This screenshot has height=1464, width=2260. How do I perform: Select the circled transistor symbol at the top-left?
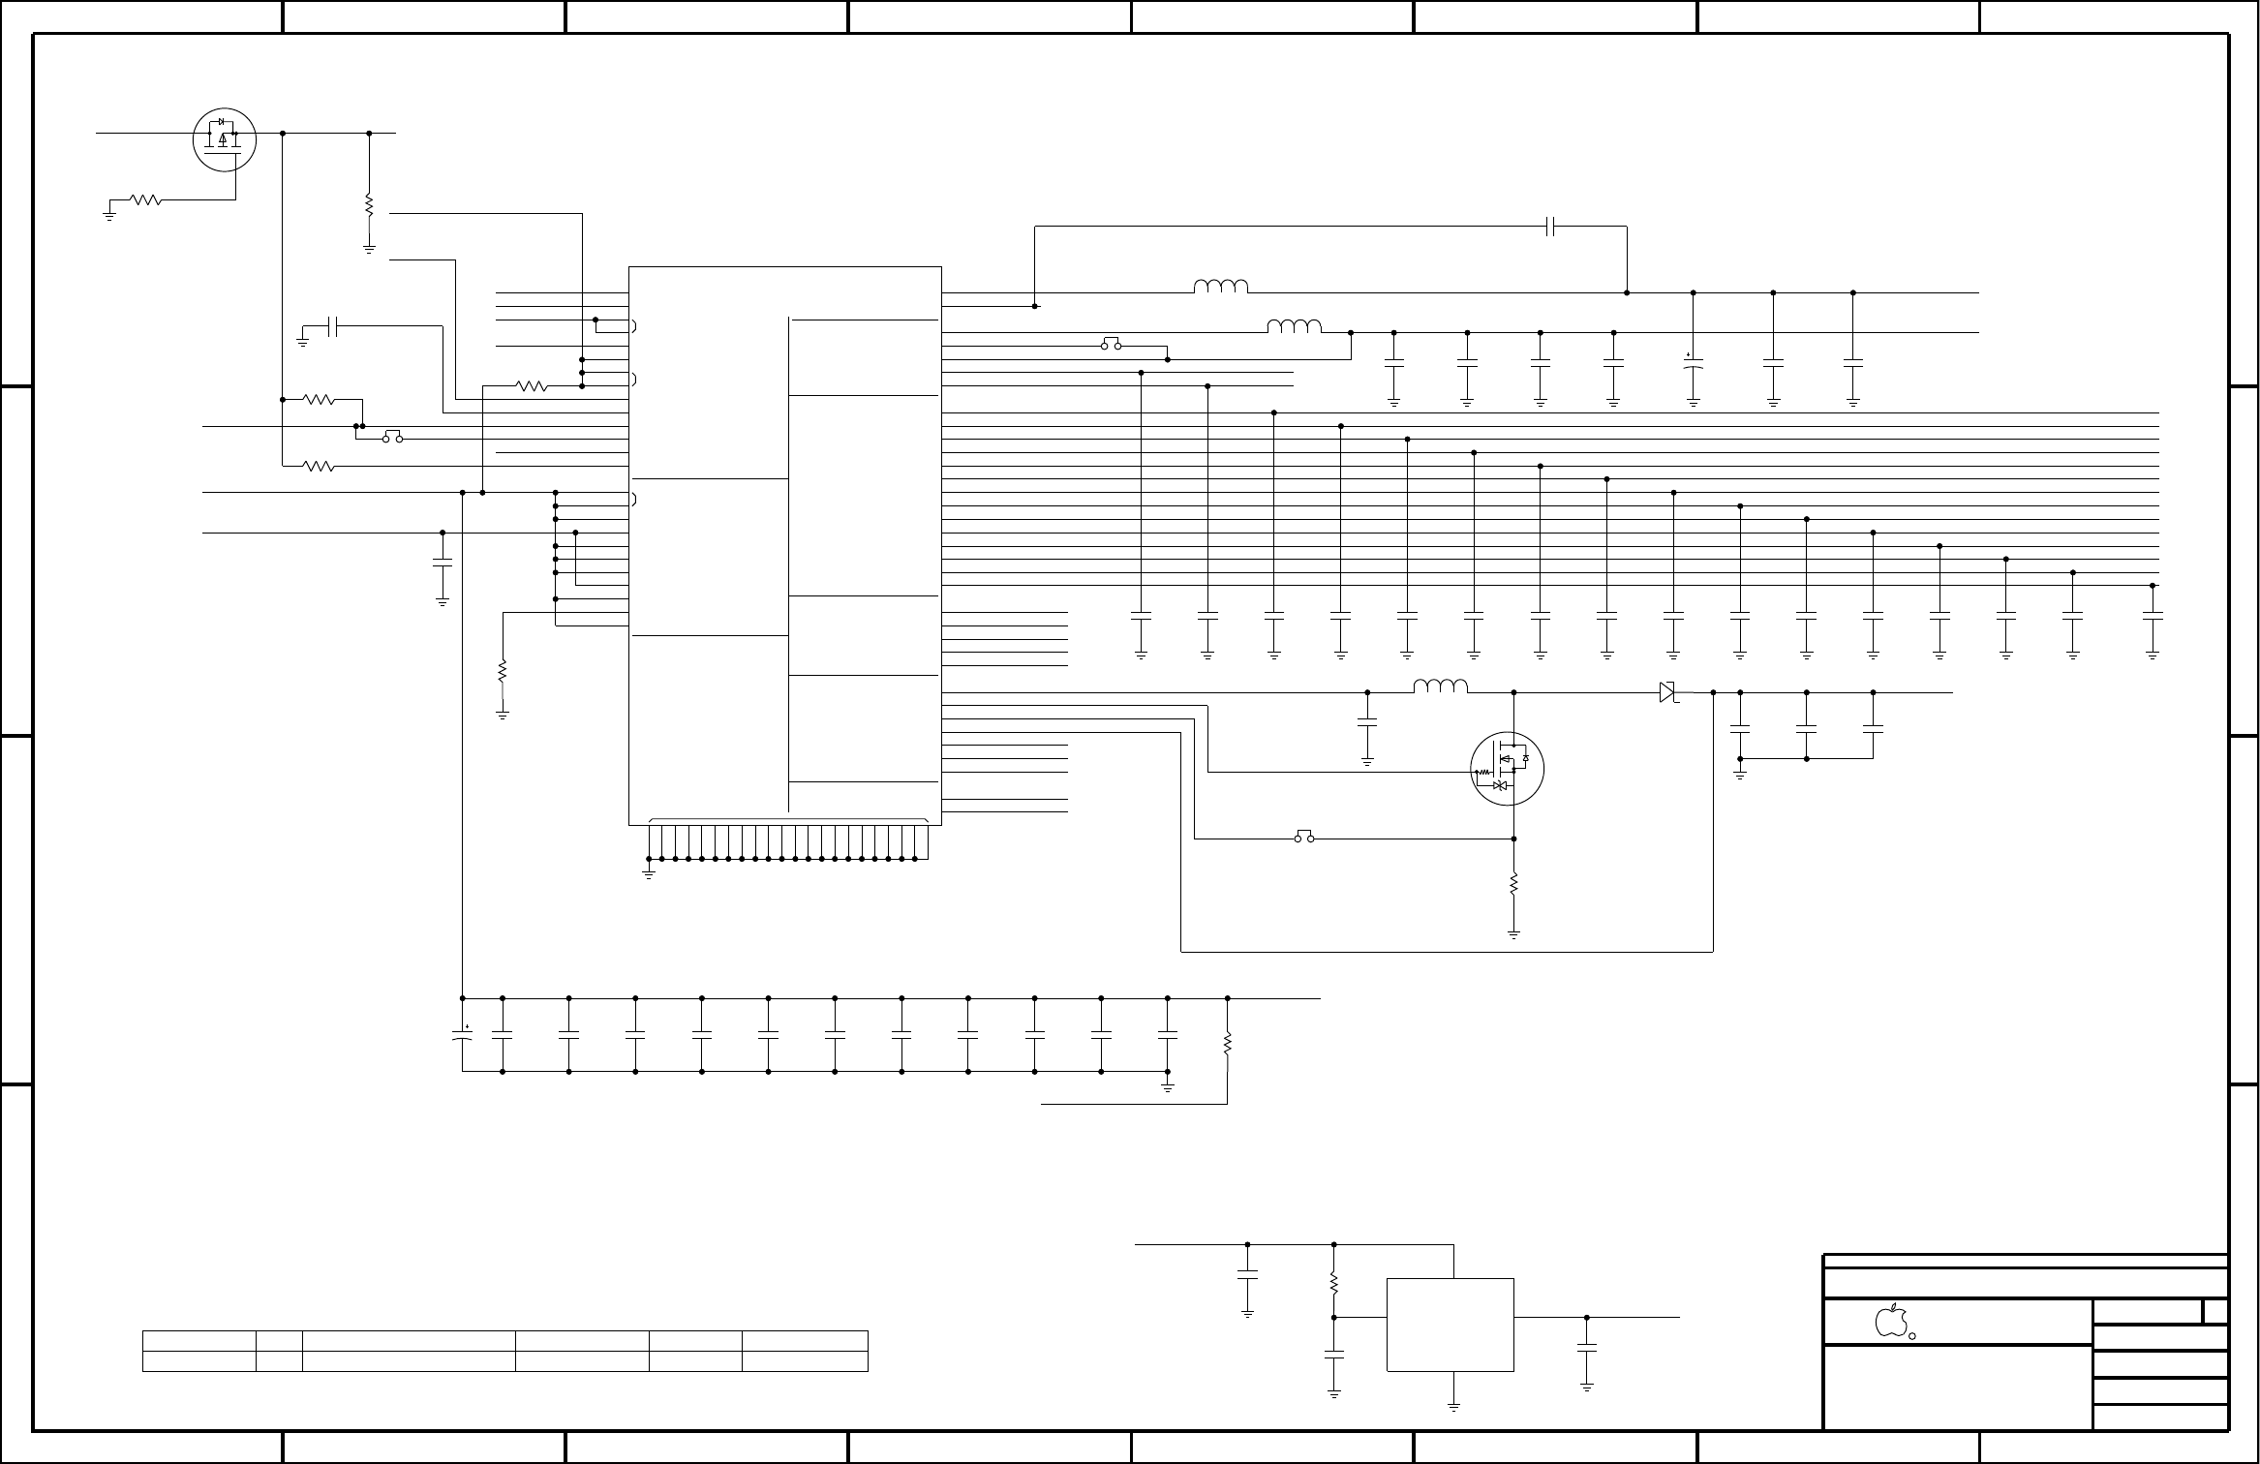pyautogui.click(x=225, y=139)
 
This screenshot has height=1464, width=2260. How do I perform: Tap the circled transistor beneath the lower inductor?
pyautogui.click(x=1507, y=769)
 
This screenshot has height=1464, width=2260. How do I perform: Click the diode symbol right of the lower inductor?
pyautogui.click(x=1666, y=692)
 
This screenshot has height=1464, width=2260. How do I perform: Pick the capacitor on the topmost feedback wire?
pyautogui.click(x=1550, y=227)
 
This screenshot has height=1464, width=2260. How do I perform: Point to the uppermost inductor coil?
pyautogui.click(x=1221, y=287)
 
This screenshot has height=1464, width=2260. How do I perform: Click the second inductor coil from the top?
pyautogui.click(x=1295, y=326)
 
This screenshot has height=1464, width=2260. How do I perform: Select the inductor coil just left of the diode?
pyautogui.click(x=1441, y=686)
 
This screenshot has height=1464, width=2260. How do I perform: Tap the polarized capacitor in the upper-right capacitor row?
pyautogui.click(x=1693, y=365)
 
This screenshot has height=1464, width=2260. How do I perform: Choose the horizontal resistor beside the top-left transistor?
pyautogui.click(x=145, y=200)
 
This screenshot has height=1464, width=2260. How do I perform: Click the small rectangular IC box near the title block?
pyautogui.click(x=1450, y=1324)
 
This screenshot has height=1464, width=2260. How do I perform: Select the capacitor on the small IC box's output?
pyautogui.click(x=1587, y=1347)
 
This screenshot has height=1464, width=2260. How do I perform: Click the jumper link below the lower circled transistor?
pyautogui.click(x=1304, y=837)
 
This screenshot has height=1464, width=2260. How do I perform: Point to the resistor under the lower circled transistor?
pyautogui.click(x=1513, y=884)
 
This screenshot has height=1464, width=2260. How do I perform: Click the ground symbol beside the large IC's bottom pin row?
pyautogui.click(x=649, y=873)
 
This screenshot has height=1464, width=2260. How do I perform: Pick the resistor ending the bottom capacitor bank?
pyautogui.click(x=1228, y=1044)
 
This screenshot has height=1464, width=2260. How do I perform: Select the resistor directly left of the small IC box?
pyautogui.click(x=1334, y=1282)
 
